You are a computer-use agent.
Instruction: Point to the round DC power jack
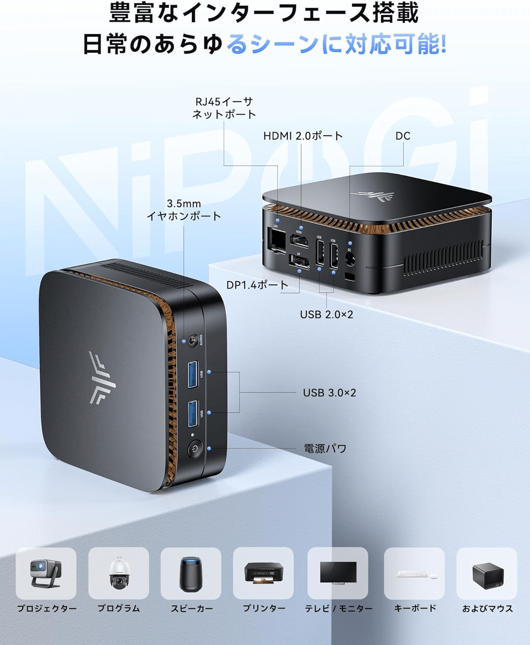pos(349,259)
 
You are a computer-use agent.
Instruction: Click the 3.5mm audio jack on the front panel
pos(193,341)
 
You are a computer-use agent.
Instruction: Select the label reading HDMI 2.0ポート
pos(303,136)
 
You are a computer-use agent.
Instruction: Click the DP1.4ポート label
pos(257,285)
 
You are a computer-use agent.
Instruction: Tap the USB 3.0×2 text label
pos(329,393)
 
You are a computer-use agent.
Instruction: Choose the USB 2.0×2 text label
pos(326,314)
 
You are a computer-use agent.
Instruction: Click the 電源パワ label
pos(325,448)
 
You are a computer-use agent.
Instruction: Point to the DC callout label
pos(403,136)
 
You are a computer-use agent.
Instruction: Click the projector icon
pos(46,573)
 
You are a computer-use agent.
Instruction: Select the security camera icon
pos(118,573)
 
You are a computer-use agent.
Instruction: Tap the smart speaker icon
pos(190,573)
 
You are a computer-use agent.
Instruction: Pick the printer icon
pos(263,573)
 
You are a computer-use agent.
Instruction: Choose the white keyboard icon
pos(412,574)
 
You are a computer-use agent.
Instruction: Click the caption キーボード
pos(415,608)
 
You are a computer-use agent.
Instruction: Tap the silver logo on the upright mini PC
pos(101,378)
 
